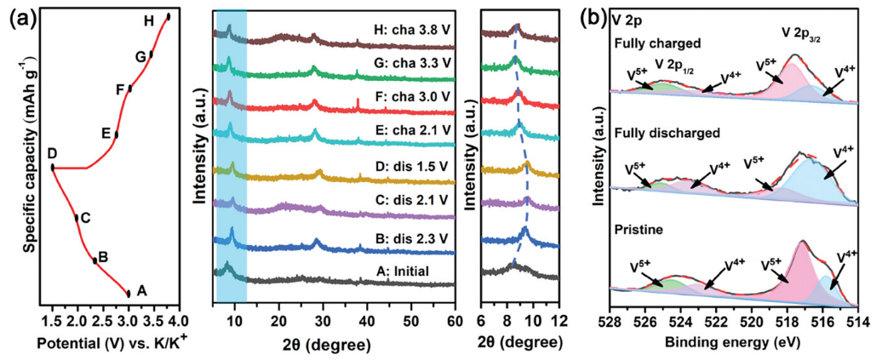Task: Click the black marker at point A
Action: [129, 294]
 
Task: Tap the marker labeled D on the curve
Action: [52, 168]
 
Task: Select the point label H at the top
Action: [149, 20]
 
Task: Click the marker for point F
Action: [129, 89]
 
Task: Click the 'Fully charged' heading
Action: [650, 43]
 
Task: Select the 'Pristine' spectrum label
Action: [633, 228]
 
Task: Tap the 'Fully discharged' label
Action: [656, 134]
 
